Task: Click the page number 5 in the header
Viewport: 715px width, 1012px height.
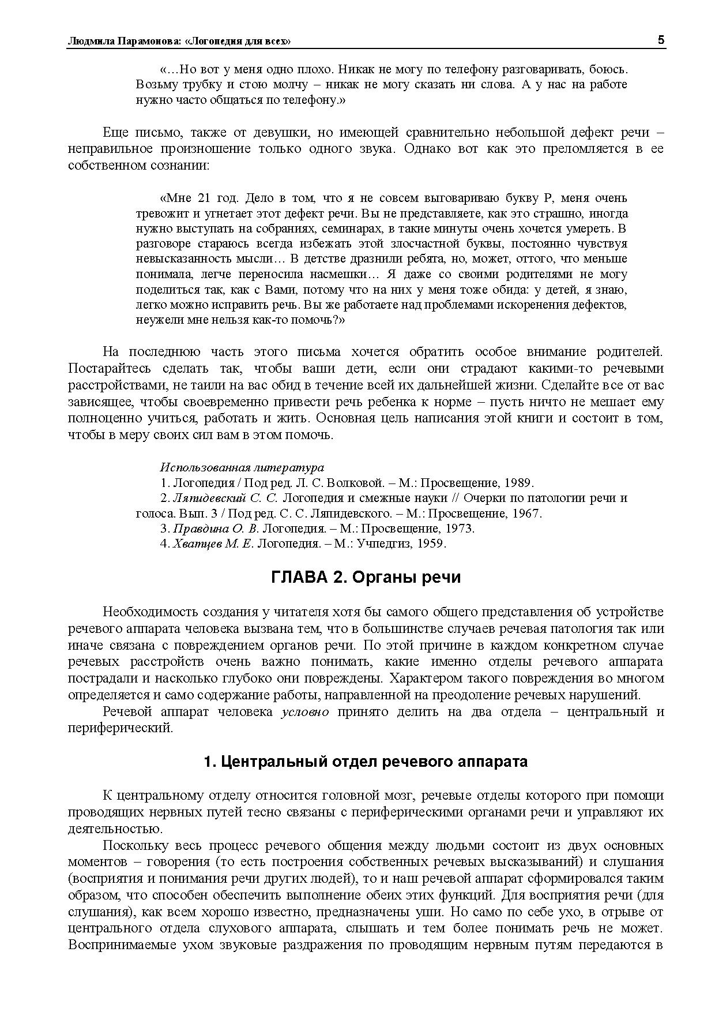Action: [661, 40]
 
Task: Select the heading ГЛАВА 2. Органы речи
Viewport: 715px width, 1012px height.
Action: [366, 577]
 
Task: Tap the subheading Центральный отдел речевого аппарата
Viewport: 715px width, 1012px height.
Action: [366, 762]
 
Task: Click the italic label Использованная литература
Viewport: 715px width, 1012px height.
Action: [242, 467]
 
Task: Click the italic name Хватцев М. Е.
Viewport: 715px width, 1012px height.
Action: [213, 544]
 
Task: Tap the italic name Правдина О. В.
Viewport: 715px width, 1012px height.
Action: [216, 529]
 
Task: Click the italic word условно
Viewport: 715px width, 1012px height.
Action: [305, 711]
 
